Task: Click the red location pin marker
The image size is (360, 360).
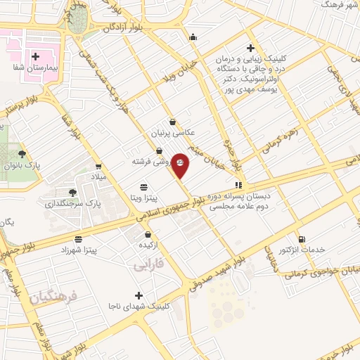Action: pos(180,164)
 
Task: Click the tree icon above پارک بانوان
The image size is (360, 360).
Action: pos(23,153)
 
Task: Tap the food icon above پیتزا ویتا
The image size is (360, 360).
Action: pos(144,186)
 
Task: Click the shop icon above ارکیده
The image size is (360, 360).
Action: pos(148,234)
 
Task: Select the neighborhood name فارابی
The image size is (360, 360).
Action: pos(148,265)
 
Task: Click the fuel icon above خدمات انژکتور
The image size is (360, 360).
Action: pos(303,240)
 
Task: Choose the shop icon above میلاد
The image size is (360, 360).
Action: pos(98,167)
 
